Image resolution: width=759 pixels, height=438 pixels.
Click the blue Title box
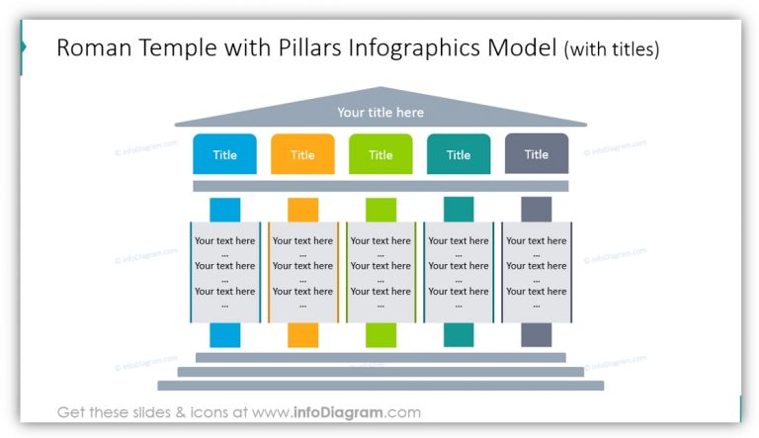tap(224, 154)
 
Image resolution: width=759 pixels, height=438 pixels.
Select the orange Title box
tap(302, 154)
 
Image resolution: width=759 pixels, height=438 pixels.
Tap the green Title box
tap(380, 154)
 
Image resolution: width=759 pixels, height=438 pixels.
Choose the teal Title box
tap(459, 154)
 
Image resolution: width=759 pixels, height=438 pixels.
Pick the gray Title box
tap(537, 154)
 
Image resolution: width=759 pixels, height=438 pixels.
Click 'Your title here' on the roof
tap(380, 113)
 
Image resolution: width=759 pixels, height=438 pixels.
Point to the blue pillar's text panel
tap(224, 272)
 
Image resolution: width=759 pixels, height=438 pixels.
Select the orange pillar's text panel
tap(302, 272)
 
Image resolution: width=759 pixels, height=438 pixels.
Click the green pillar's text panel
tap(380, 272)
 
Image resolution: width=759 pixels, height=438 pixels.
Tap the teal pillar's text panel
tap(459, 272)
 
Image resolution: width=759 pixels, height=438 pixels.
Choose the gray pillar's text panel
tap(537, 272)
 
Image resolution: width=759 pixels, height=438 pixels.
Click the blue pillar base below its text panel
tap(224, 335)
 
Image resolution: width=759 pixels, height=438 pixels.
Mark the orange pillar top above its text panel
tap(302, 210)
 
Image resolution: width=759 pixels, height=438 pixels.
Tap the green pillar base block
tap(380, 335)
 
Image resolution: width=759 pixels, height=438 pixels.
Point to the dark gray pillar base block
tap(537, 335)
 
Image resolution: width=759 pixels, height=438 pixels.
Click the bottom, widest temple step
tap(380, 386)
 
